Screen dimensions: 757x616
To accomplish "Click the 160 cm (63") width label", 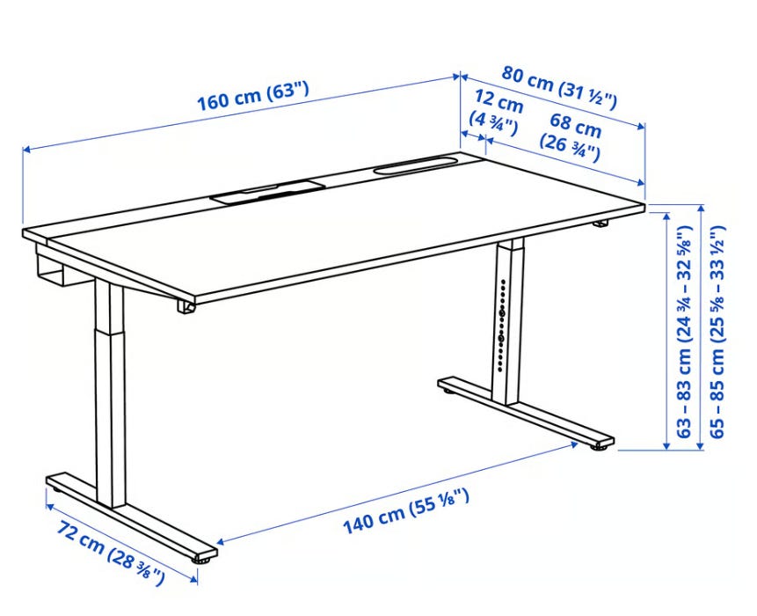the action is tap(252, 96).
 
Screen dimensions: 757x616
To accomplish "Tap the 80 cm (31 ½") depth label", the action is tap(560, 87).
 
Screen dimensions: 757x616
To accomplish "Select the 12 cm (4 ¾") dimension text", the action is tap(495, 114).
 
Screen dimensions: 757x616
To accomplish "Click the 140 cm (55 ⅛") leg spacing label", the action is tap(405, 510).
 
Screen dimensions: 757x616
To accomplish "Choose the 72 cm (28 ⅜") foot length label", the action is tap(110, 553).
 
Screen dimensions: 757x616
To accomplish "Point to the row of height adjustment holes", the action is tap(503, 325).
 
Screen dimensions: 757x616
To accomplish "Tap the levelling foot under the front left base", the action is tap(203, 561).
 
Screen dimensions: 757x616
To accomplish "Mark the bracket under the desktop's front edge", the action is tap(186, 307).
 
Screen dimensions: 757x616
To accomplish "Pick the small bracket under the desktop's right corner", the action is tap(601, 224).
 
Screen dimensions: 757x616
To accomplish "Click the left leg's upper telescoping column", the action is tap(108, 305).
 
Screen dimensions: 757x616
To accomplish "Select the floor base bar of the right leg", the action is tap(527, 412).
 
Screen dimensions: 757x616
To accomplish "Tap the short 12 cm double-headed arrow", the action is tap(474, 136).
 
